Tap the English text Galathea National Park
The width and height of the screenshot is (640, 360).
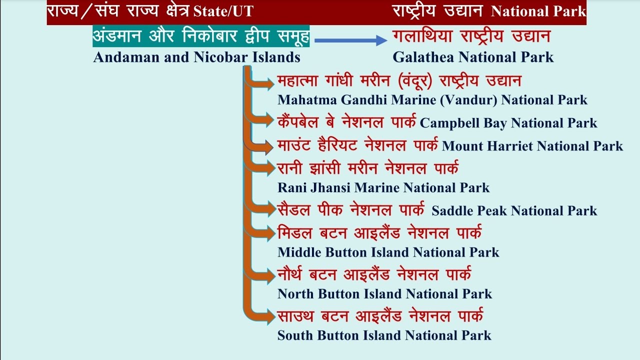[x=473, y=57]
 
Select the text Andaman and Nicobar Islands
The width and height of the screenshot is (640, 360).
[x=196, y=57]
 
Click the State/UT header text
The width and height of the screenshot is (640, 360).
[x=223, y=11]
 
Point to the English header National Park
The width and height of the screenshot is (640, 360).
[x=538, y=11]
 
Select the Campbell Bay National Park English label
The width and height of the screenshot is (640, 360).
[x=508, y=123]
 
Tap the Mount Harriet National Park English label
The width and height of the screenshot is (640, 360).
[x=532, y=146]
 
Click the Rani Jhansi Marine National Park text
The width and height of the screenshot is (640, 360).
[x=383, y=188]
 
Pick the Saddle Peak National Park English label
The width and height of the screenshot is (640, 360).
[x=514, y=211]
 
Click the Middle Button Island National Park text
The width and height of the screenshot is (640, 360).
[x=388, y=252]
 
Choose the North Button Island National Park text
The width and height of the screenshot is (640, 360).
[x=384, y=294]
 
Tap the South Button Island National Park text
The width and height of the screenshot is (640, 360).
[x=384, y=335]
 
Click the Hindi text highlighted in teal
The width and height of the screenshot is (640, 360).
[x=201, y=36]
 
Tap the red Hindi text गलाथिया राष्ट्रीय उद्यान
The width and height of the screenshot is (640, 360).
[x=471, y=36]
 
